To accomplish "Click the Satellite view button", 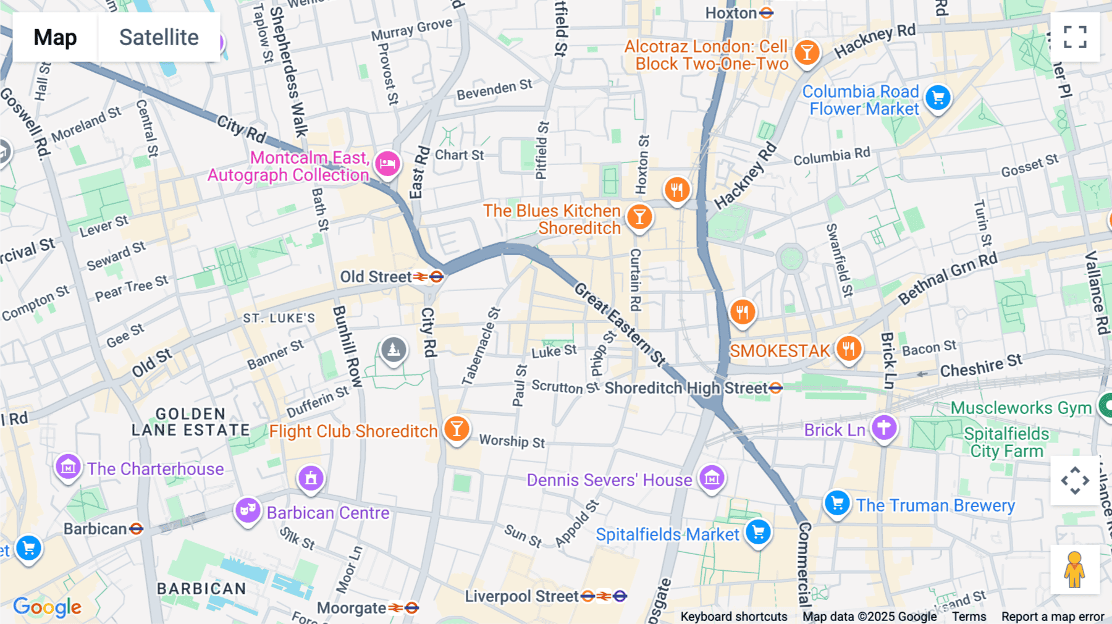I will (159, 37).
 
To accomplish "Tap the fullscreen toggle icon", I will (1075, 37).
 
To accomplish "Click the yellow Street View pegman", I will (1074, 570).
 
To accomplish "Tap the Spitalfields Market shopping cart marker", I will (758, 532).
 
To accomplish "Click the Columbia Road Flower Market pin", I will (938, 97).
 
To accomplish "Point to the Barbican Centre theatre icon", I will (248, 510).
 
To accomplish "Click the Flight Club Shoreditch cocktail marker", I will (457, 428).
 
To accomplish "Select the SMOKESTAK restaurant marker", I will (848, 349).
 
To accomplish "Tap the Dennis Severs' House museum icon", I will (712, 478).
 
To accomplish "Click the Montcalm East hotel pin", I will (387, 164).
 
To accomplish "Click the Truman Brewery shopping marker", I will (837, 504).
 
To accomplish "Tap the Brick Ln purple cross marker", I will (884, 428).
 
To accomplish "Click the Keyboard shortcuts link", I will (733, 617).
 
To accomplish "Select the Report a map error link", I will (1052, 617).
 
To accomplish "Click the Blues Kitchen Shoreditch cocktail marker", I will (639, 217).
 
